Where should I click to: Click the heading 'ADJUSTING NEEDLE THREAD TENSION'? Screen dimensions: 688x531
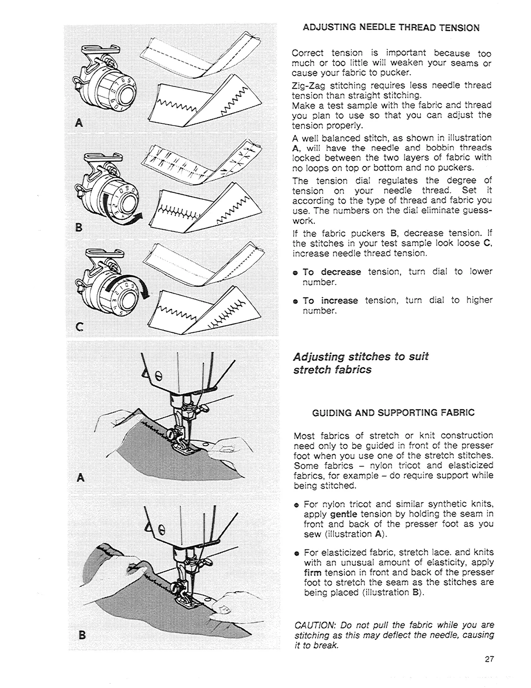pos(391,28)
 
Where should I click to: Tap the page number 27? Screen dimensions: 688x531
pos(489,659)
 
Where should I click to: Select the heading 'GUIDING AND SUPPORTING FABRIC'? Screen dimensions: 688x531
pos(393,413)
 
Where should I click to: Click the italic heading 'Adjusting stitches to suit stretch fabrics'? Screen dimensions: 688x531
pos(361,363)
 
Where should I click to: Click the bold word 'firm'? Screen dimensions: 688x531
pos(313,572)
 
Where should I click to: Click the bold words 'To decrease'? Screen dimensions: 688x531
pos(332,272)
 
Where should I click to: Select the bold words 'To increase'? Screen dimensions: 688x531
pos(330,301)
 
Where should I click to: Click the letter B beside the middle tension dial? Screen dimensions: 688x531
pos(79,227)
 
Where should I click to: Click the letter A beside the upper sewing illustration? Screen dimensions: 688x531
pos(79,478)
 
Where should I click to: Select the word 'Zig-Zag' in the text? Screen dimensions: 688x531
pos(306,85)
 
